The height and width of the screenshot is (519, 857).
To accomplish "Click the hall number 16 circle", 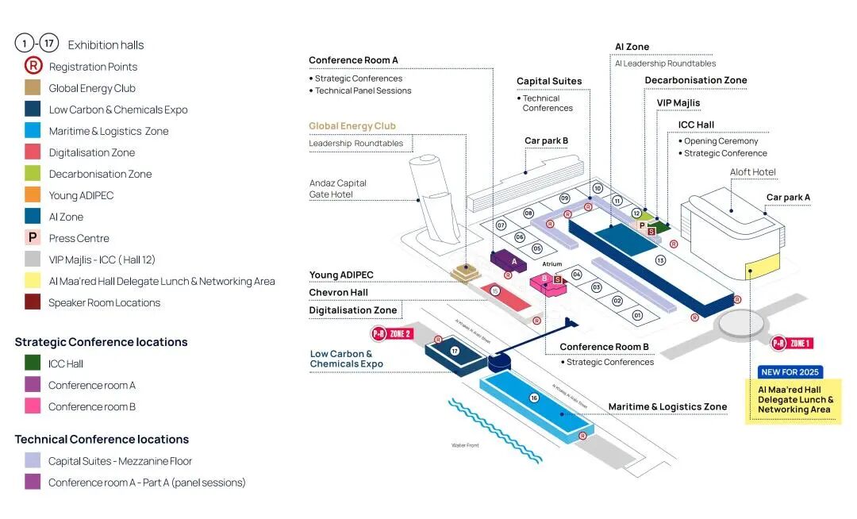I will tap(534, 398).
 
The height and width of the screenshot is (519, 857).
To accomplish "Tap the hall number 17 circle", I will tap(455, 350).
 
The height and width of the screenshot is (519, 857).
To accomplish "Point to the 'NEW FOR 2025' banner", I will tap(791, 372).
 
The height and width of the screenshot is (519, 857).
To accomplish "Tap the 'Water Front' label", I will tap(465, 445).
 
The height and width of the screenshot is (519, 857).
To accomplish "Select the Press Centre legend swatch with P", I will tap(33, 238).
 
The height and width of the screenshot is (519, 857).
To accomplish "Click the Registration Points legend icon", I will tap(33, 67).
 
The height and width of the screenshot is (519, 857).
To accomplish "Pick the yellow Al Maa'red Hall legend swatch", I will tap(33, 281).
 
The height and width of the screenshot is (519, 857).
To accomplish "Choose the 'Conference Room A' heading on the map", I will tap(353, 60).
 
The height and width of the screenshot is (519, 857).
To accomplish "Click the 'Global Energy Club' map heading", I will tap(352, 126).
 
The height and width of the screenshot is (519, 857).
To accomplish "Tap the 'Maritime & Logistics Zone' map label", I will tap(667, 407).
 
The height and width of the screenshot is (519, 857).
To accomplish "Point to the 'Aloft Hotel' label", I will tap(753, 172).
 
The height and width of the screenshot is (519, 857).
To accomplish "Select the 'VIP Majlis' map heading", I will tap(678, 103).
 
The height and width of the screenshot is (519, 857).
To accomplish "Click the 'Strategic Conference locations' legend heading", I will tap(101, 342).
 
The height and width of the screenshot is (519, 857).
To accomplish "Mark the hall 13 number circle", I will tap(659, 260).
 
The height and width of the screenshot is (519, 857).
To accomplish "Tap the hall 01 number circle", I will tap(637, 316).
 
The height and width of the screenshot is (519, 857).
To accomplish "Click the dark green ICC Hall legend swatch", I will tap(33, 363).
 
